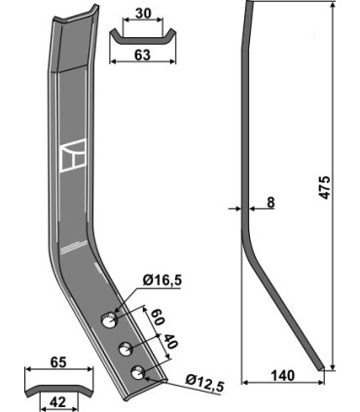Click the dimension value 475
tap(324, 187)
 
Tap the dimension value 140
tap(282, 375)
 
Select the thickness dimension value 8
tap(270, 203)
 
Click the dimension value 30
tap(142, 14)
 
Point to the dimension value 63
tap(142, 55)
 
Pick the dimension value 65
tap(59, 362)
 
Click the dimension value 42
tap(58, 402)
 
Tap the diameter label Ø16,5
tap(162, 280)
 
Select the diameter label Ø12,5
tap(205, 383)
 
